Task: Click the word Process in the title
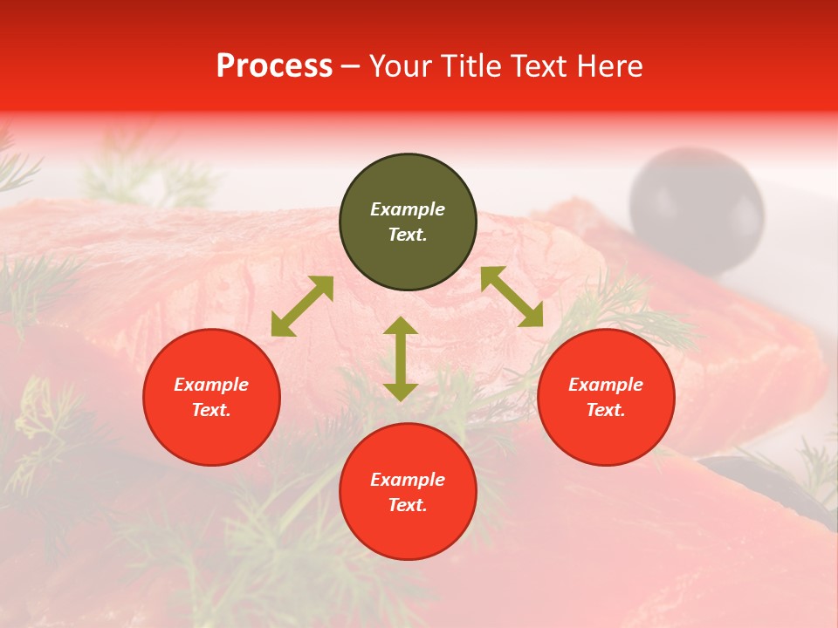click(x=274, y=66)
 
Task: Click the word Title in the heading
click(x=467, y=66)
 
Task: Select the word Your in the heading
click(x=401, y=66)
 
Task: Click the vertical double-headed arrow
click(x=401, y=358)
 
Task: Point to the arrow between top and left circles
click(x=302, y=306)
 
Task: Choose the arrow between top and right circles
click(x=512, y=297)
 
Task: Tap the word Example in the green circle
click(x=408, y=209)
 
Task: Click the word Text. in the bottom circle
click(x=408, y=505)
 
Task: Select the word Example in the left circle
click(x=211, y=385)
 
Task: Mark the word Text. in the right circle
click(x=606, y=410)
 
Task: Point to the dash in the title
click(x=351, y=66)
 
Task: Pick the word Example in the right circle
click(x=606, y=385)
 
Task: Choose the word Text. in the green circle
click(x=408, y=235)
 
